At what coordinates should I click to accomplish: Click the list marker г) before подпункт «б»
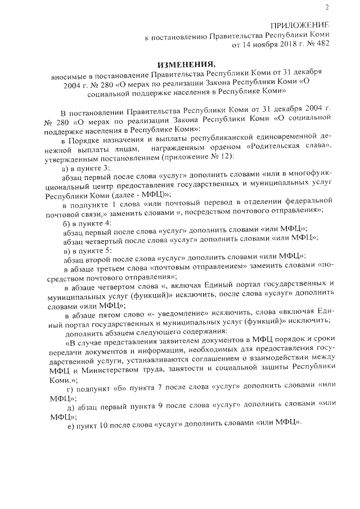[70, 390]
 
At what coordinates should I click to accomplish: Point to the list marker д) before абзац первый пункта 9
[70, 407]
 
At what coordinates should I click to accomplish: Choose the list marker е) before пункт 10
[70, 425]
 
